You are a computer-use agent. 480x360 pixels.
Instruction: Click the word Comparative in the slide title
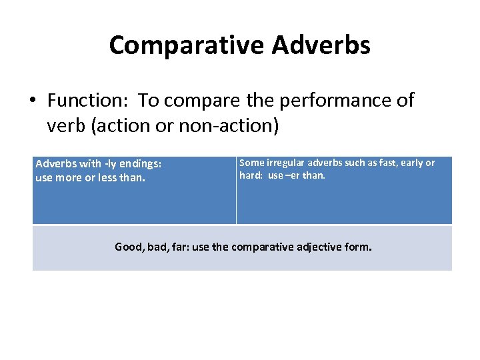(x=186, y=45)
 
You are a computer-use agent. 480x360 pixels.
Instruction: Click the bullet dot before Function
(x=33, y=101)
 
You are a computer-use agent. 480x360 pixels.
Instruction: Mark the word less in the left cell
(x=107, y=177)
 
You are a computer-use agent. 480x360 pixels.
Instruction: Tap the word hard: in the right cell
(x=251, y=176)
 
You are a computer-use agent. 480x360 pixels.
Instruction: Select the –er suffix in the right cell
(x=294, y=176)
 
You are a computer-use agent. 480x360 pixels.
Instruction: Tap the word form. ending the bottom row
(x=359, y=247)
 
